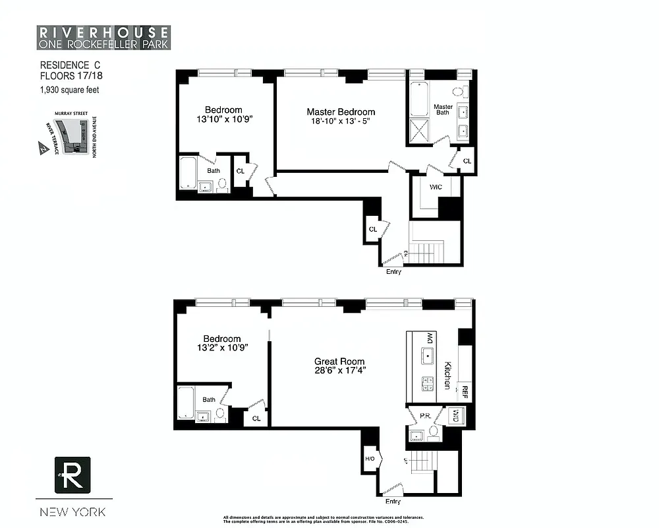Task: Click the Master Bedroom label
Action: pyautogui.click(x=341, y=112)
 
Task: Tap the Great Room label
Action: pyautogui.click(x=339, y=361)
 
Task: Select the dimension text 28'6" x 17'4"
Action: pyautogui.click(x=339, y=370)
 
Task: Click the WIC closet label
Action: pyautogui.click(x=436, y=187)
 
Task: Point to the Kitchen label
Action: pyautogui.click(x=447, y=375)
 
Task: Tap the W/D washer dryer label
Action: pyautogui.click(x=456, y=415)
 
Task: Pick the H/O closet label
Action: pyautogui.click(x=370, y=457)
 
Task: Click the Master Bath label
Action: pyautogui.click(x=443, y=110)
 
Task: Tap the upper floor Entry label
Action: pyautogui.click(x=393, y=271)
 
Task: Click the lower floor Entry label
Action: pyautogui.click(x=393, y=502)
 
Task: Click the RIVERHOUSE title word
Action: pyautogui.click(x=103, y=32)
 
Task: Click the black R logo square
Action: pyautogui.click(x=73, y=475)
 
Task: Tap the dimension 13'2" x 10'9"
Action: pyautogui.click(x=222, y=348)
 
